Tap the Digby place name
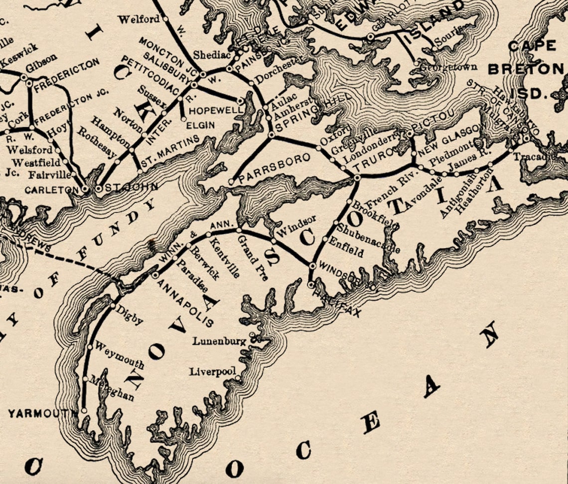click(129, 315)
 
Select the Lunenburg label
click(219, 341)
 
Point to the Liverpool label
click(212, 372)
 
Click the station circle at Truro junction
click(357, 177)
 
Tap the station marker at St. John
click(98, 189)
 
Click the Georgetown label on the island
click(448, 67)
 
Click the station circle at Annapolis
click(155, 275)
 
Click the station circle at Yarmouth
click(84, 410)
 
